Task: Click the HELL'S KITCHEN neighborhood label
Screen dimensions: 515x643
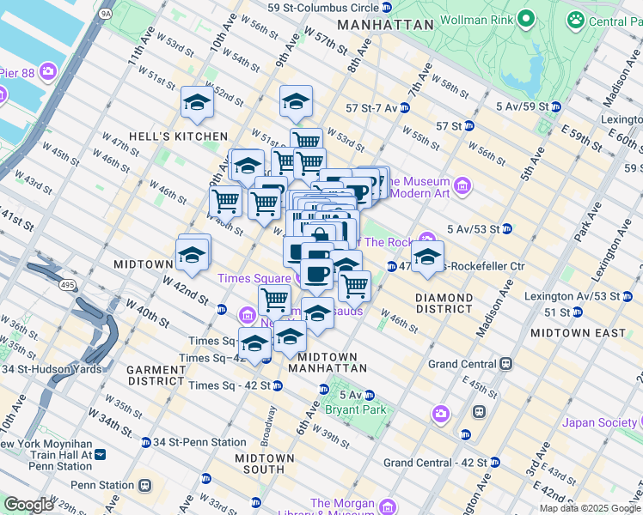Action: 178,136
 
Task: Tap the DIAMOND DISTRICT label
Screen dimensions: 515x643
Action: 444,304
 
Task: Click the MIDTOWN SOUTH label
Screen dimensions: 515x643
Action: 265,463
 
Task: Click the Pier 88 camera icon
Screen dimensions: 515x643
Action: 49,72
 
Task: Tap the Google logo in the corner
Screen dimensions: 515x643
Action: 28,505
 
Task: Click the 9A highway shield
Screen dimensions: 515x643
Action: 106,14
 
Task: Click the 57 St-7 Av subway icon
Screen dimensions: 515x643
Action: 404,108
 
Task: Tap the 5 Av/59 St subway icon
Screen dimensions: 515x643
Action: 556,107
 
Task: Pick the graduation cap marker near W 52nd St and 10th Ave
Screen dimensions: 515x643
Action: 197,104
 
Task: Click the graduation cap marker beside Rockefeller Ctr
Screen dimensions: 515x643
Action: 427,257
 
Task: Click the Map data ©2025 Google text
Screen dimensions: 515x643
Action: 589,508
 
